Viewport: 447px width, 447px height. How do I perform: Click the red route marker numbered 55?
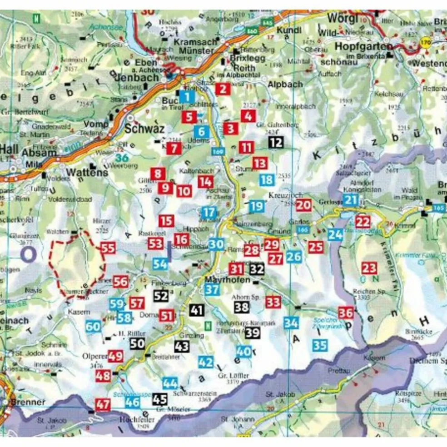(x=108, y=248)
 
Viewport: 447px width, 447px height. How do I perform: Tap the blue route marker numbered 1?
(x=187, y=96)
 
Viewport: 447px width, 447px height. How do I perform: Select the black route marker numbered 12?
(x=276, y=142)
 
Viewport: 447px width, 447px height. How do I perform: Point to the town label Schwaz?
(x=144, y=129)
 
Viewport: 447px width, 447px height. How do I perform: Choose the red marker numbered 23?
(x=369, y=268)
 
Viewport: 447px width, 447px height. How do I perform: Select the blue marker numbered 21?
(x=351, y=200)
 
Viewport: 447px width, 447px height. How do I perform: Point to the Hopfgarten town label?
(x=363, y=46)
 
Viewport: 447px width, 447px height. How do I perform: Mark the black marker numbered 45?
(x=160, y=399)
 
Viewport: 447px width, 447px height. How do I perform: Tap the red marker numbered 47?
(x=103, y=404)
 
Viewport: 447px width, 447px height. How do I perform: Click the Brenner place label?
(x=29, y=402)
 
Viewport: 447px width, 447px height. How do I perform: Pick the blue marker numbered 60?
(x=93, y=326)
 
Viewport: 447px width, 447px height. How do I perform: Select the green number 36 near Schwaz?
(x=121, y=158)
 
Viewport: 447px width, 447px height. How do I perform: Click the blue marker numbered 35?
(x=320, y=345)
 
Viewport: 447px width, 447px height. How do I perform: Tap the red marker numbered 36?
(x=346, y=313)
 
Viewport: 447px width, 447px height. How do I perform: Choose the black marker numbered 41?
(x=196, y=311)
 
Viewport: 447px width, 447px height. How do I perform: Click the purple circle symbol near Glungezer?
(x=28, y=255)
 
